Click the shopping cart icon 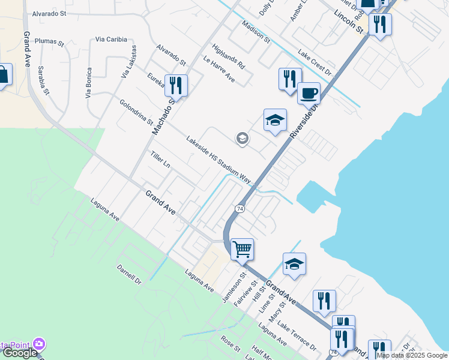pyautogui.click(x=242, y=248)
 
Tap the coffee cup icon pyautogui.click(x=309, y=93)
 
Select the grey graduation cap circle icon pyautogui.click(x=242, y=139)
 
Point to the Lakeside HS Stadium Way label pyautogui.click(x=218, y=158)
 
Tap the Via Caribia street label pyautogui.click(x=111, y=40)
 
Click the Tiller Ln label pyautogui.click(x=160, y=159)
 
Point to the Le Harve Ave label pyautogui.click(x=219, y=69)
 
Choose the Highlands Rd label pyautogui.click(x=229, y=56)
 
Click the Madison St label pyautogui.click(x=256, y=32)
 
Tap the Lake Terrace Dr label pyautogui.click(x=297, y=338)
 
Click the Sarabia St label pyautogui.click(x=43, y=80)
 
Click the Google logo pyautogui.click(x=19, y=353)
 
